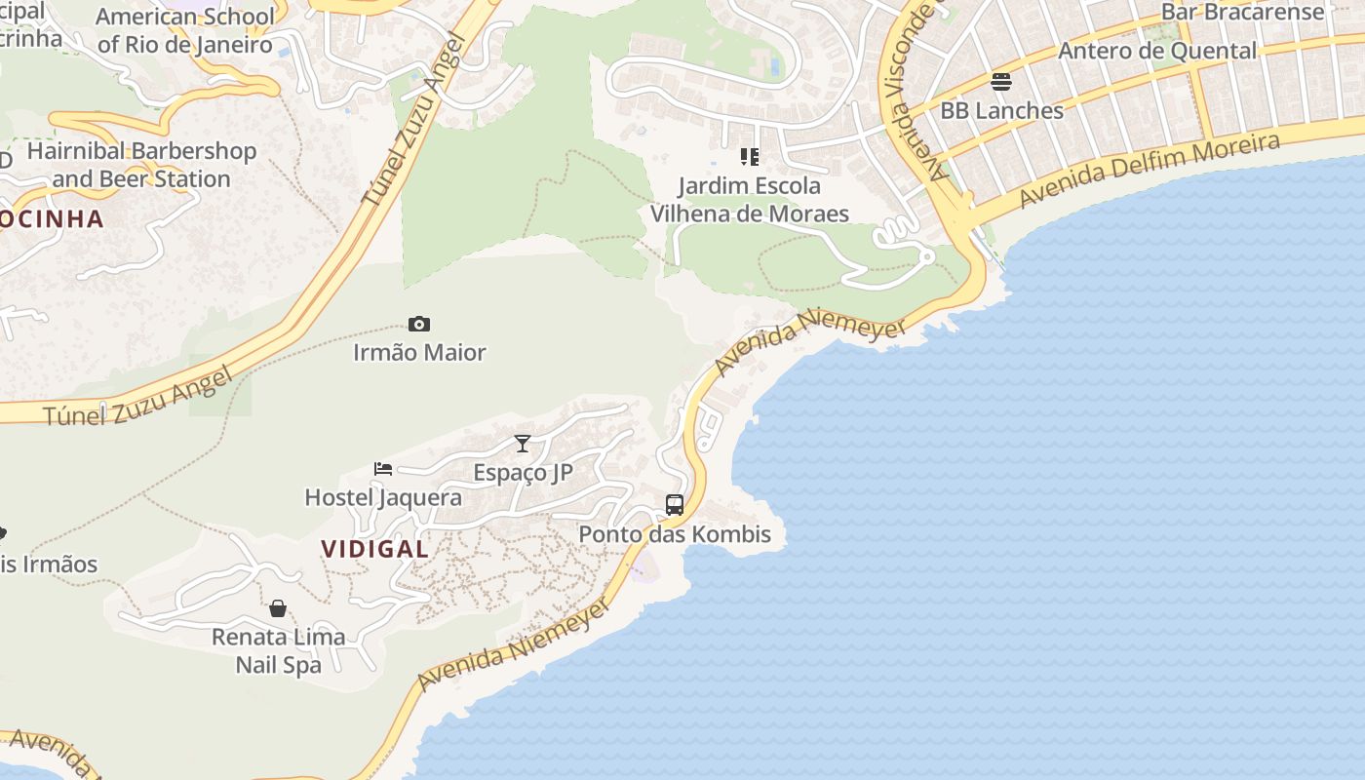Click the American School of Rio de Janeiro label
[185, 30]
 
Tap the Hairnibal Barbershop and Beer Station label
[141, 165]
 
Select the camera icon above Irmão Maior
[419, 325]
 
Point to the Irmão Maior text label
[419, 352]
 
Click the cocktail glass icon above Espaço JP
[523, 445]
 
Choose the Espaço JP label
[523, 473]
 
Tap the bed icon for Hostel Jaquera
[383, 469]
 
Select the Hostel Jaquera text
[383, 497]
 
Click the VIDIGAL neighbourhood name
[375, 549]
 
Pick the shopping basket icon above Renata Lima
[278, 609]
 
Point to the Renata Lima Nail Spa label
[279, 651]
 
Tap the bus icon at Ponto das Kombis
[675, 505]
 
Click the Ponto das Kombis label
[675, 534]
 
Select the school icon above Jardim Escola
[749, 157]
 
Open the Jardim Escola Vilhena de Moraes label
[749, 199]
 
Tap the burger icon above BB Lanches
[1001, 82]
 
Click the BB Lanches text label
[1001, 110]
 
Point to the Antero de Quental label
[1157, 51]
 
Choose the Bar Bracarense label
[1243, 12]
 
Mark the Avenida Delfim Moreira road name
[1150, 171]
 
